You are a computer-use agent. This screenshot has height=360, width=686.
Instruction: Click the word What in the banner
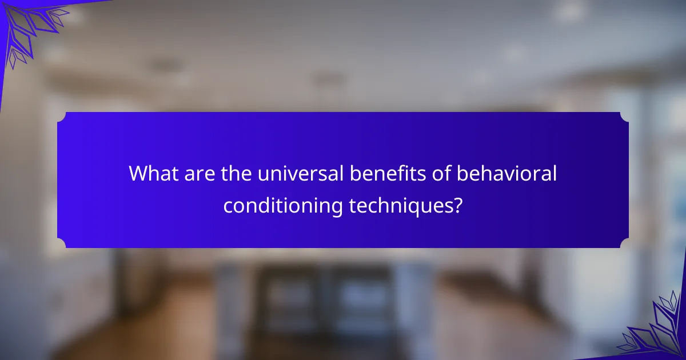(x=154, y=173)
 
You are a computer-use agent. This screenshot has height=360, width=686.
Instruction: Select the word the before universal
(x=236, y=173)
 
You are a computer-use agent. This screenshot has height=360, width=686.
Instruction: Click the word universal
(x=301, y=173)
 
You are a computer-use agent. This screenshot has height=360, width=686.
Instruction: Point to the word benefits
(x=388, y=173)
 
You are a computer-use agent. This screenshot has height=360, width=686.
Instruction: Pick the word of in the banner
(x=441, y=173)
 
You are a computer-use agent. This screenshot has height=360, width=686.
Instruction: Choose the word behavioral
(x=506, y=173)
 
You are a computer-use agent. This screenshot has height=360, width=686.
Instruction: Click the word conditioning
(x=282, y=206)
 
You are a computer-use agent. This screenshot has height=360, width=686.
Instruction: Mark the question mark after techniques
(x=457, y=205)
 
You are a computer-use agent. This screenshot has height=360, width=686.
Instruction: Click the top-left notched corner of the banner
(x=62, y=117)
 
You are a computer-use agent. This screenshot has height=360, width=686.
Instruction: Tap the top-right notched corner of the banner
(x=624, y=117)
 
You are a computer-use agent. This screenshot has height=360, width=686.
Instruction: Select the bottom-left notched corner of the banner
(x=62, y=243)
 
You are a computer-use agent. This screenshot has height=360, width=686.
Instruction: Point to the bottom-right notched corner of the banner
(x=624, y=243)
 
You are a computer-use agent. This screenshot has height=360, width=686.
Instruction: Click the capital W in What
(x=140, y=174)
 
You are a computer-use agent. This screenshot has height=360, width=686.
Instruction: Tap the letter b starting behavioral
(x=462, y=173)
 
